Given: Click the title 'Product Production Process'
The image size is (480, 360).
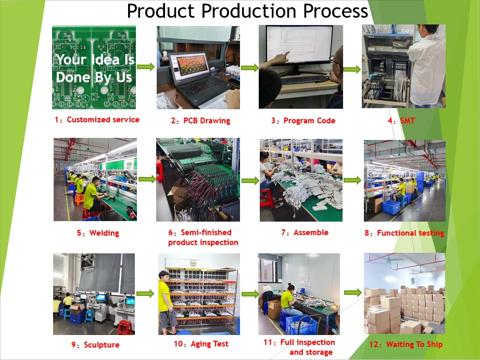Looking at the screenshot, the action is pyautogui.click(x=247, y=11).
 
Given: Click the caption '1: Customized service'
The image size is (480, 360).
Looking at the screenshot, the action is pyautogui.click(x=97, y=120).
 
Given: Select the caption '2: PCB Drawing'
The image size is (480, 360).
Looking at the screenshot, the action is pyautogui.click(x=200, y=121).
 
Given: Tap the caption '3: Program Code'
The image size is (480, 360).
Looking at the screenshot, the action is pyautogui.click(x=303, y=121).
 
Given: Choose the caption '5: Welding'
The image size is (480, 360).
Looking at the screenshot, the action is pyautogui.click(x=98, y=233).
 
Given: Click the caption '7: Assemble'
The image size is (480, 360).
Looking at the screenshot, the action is pyautogui.click(x=305, y=233).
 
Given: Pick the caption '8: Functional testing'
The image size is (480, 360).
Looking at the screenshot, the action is pyautogui.click(x=404, y=233).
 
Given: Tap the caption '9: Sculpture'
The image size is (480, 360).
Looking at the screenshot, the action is pyautogui.click(x=95, y=345).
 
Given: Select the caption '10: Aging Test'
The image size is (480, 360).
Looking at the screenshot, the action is pyautogui.click(x=201, y=344).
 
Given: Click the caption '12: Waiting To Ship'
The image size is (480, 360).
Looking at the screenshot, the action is pyautogui.click(x=406, y=344).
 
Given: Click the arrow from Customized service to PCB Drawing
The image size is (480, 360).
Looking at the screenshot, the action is pyautogui.click(x=146, y=67).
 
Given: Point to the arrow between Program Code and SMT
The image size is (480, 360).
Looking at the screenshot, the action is pyautogui.click(x=352, y=69).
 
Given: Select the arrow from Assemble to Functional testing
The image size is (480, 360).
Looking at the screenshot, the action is pyautogui.click(x=352, y=180).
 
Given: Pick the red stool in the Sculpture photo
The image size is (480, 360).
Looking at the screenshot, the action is pyautogui.click(x=124, y=327).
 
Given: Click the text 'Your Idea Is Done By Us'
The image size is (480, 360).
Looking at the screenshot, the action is pyautogui.click(x=94, y=68).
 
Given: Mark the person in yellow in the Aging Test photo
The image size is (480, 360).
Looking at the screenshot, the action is pyautogui.click(x=166, y=302).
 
